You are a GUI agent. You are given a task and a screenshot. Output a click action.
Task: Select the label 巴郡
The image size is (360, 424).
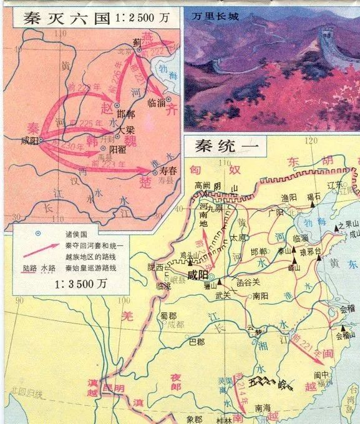[x=197, y=342]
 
